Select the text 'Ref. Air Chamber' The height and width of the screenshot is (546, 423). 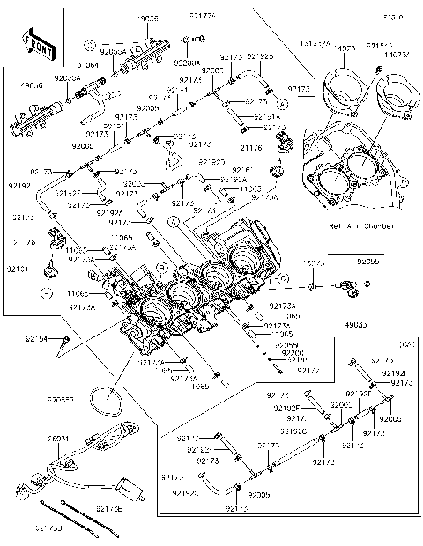pyautogui.click(x=354, y=226)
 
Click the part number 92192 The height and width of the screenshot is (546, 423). pyautogui.click(x=19, y=187)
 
